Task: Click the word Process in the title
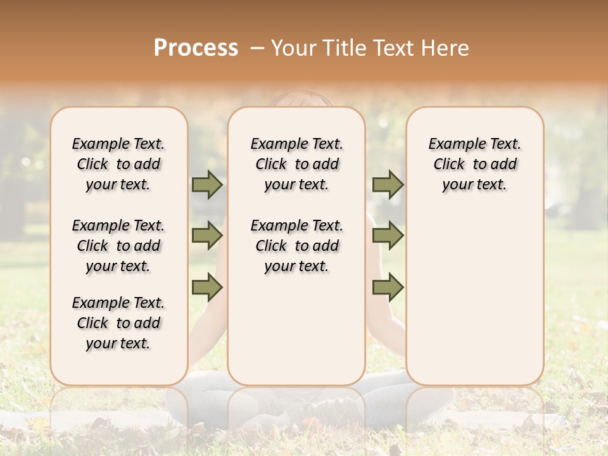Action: [196, 47]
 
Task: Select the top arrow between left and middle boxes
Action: [207, 184]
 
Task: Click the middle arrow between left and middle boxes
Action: [207, 236]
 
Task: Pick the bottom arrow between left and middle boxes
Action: [207, 288]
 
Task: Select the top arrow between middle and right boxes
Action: [388, 184]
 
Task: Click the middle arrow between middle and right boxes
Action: [388, 236]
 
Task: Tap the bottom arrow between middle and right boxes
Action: [388, 288]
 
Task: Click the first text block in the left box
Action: [118, 164]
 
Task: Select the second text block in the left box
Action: [118, 246]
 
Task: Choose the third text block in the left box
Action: [118, 323]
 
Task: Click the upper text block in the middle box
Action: [296, 164]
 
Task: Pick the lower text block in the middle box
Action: [296, 246]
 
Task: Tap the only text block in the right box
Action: [474, 164]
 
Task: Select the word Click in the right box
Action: [449, 165]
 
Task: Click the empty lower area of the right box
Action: [474, 298]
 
